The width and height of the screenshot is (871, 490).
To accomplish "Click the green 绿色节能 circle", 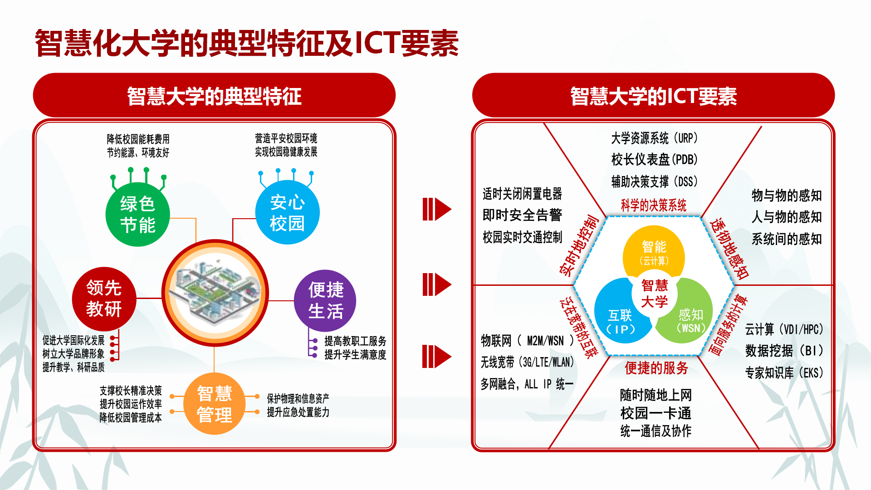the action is (x=137, y=214).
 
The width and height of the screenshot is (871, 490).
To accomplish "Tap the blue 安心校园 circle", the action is (x=288, y=212).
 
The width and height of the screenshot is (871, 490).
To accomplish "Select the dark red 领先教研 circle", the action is (x=104, y=299).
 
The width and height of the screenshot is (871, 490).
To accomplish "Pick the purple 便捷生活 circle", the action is (x=325, y=301).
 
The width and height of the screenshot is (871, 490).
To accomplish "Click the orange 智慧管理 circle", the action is (x=215, y=403).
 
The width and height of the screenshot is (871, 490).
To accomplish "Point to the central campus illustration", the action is (x=215, y=293).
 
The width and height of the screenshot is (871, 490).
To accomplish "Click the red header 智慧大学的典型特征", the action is (x=214, y=96).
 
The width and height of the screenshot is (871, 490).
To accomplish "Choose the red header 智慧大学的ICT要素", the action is (x=653, y=96).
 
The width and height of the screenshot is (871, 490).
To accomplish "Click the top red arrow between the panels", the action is (x=436, y=209).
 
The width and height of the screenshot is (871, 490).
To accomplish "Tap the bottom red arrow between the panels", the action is (x=436, y=356).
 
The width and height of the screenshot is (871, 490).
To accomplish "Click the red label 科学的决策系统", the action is (x=654, y=205).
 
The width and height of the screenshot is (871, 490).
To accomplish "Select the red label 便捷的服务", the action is (x=656, y=368).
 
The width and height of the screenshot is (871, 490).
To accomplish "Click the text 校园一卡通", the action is (x=656, y=413).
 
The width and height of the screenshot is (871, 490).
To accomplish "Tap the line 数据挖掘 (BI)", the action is (x=784, y=351).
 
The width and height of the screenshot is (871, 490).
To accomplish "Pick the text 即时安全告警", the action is (x=522, y=215).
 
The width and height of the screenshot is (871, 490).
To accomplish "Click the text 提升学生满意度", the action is (x=355, y=354).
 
